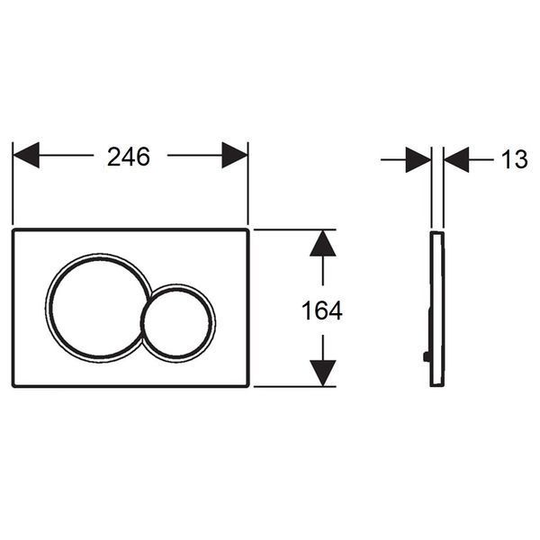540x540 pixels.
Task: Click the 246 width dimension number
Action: tap(129, 157)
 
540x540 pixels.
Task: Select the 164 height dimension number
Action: tap(322, 310)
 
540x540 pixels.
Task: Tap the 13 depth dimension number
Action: tap(515, 159)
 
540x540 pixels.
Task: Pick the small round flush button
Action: tap(178, 321)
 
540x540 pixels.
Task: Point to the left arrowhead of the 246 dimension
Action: tap(26, 156)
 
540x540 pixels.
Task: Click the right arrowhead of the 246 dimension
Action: tap(235, 156)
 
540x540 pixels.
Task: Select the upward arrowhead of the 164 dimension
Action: tap(323, 243)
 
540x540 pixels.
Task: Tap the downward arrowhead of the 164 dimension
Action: tap(323, 373)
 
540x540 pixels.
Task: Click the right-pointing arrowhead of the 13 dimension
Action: tap(418, 160)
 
